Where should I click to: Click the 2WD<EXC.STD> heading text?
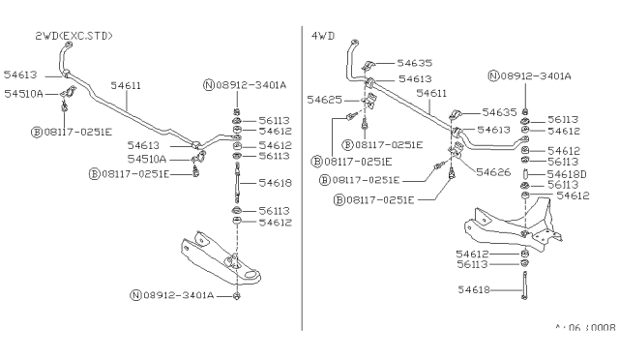(x=74, y=36)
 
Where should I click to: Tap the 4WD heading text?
(x=322, y=36)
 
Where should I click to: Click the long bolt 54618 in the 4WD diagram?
(x=523, y=288)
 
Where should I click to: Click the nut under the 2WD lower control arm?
(x=237, y=293)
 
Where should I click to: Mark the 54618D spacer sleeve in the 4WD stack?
(x=523, y=173)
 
